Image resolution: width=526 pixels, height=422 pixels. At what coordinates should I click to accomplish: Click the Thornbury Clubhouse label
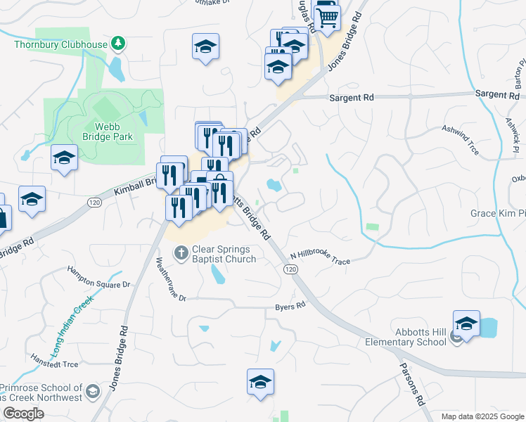click(61, 45)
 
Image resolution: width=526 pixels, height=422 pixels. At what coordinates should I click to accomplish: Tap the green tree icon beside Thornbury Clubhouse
click(119, 44)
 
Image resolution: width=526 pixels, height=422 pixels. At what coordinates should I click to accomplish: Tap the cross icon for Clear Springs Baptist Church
click(181, 252)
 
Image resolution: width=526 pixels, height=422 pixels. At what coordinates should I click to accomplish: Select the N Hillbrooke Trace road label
click(320, 259)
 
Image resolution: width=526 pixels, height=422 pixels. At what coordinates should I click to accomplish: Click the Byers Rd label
click(290, 306)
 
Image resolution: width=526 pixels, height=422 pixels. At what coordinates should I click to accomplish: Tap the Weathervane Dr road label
click(170, 279)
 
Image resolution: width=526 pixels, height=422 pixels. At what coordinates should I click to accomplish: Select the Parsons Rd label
click(411, 383)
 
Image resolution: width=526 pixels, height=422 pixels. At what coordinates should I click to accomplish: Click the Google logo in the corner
click(23, 414)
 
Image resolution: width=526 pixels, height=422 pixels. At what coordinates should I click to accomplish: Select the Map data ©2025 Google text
click(482, 416)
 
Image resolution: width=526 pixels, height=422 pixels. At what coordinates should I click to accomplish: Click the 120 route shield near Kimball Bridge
click(93, 203)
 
